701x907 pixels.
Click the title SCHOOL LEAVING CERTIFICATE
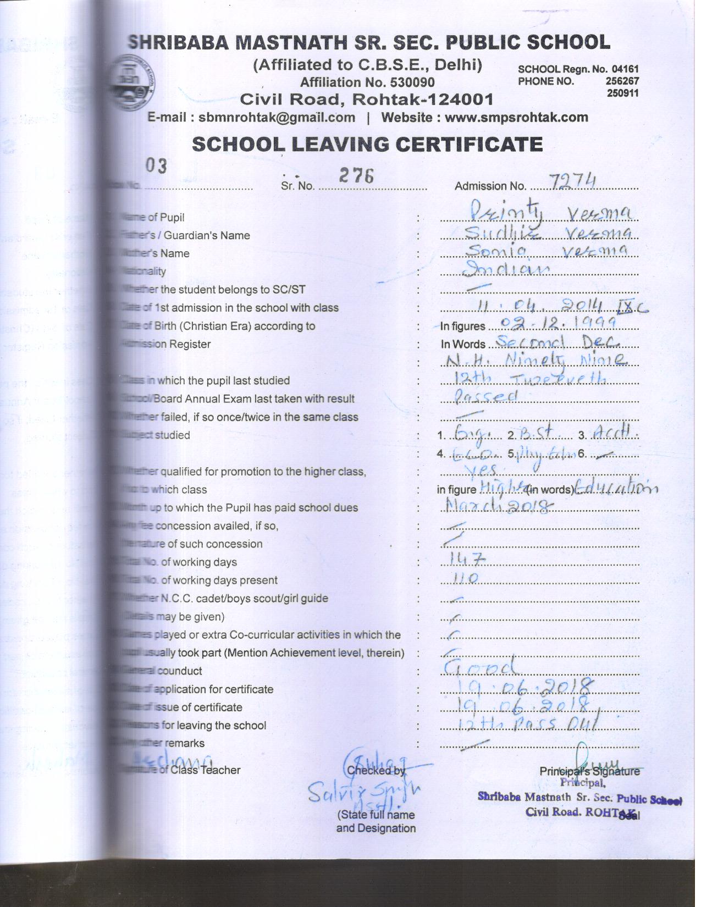(x=367, y=144)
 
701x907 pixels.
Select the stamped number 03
(x=156, y=165)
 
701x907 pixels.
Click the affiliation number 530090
(x=412, y=82)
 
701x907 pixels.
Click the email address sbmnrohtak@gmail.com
(x=277, y=117)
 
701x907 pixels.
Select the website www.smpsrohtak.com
(x=516, y=117)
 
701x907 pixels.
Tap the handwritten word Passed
(x=487, y=396)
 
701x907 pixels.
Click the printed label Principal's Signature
(x=589, y=771)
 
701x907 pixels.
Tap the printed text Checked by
(x=376, y=771)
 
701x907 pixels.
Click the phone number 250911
(x=622, y=93)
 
